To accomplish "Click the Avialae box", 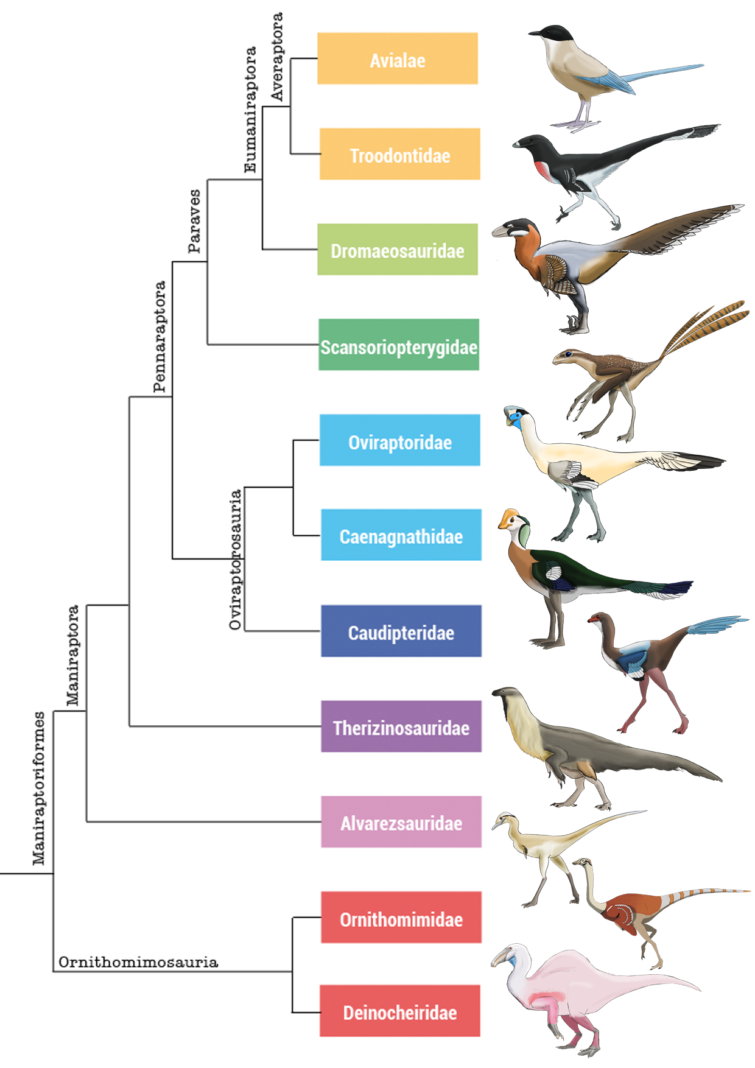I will tap(397, 58).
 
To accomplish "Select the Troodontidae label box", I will tap(399, 154).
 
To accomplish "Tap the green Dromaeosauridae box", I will tap(397, 249).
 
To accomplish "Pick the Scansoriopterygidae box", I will tap(399, 345).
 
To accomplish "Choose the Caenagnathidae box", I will tap(401, 535).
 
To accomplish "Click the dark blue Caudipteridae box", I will tap(401, 631).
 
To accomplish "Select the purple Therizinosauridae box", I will tap(401, 726).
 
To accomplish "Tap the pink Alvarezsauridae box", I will tap(401, 821).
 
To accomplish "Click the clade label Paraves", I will tap(194, 221).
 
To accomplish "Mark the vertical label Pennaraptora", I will tap(160, 336).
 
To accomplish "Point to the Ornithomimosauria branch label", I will tap(138, 962).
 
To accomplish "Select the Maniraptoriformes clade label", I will tap(39, 788).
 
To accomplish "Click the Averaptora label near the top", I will tap(277, 57).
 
